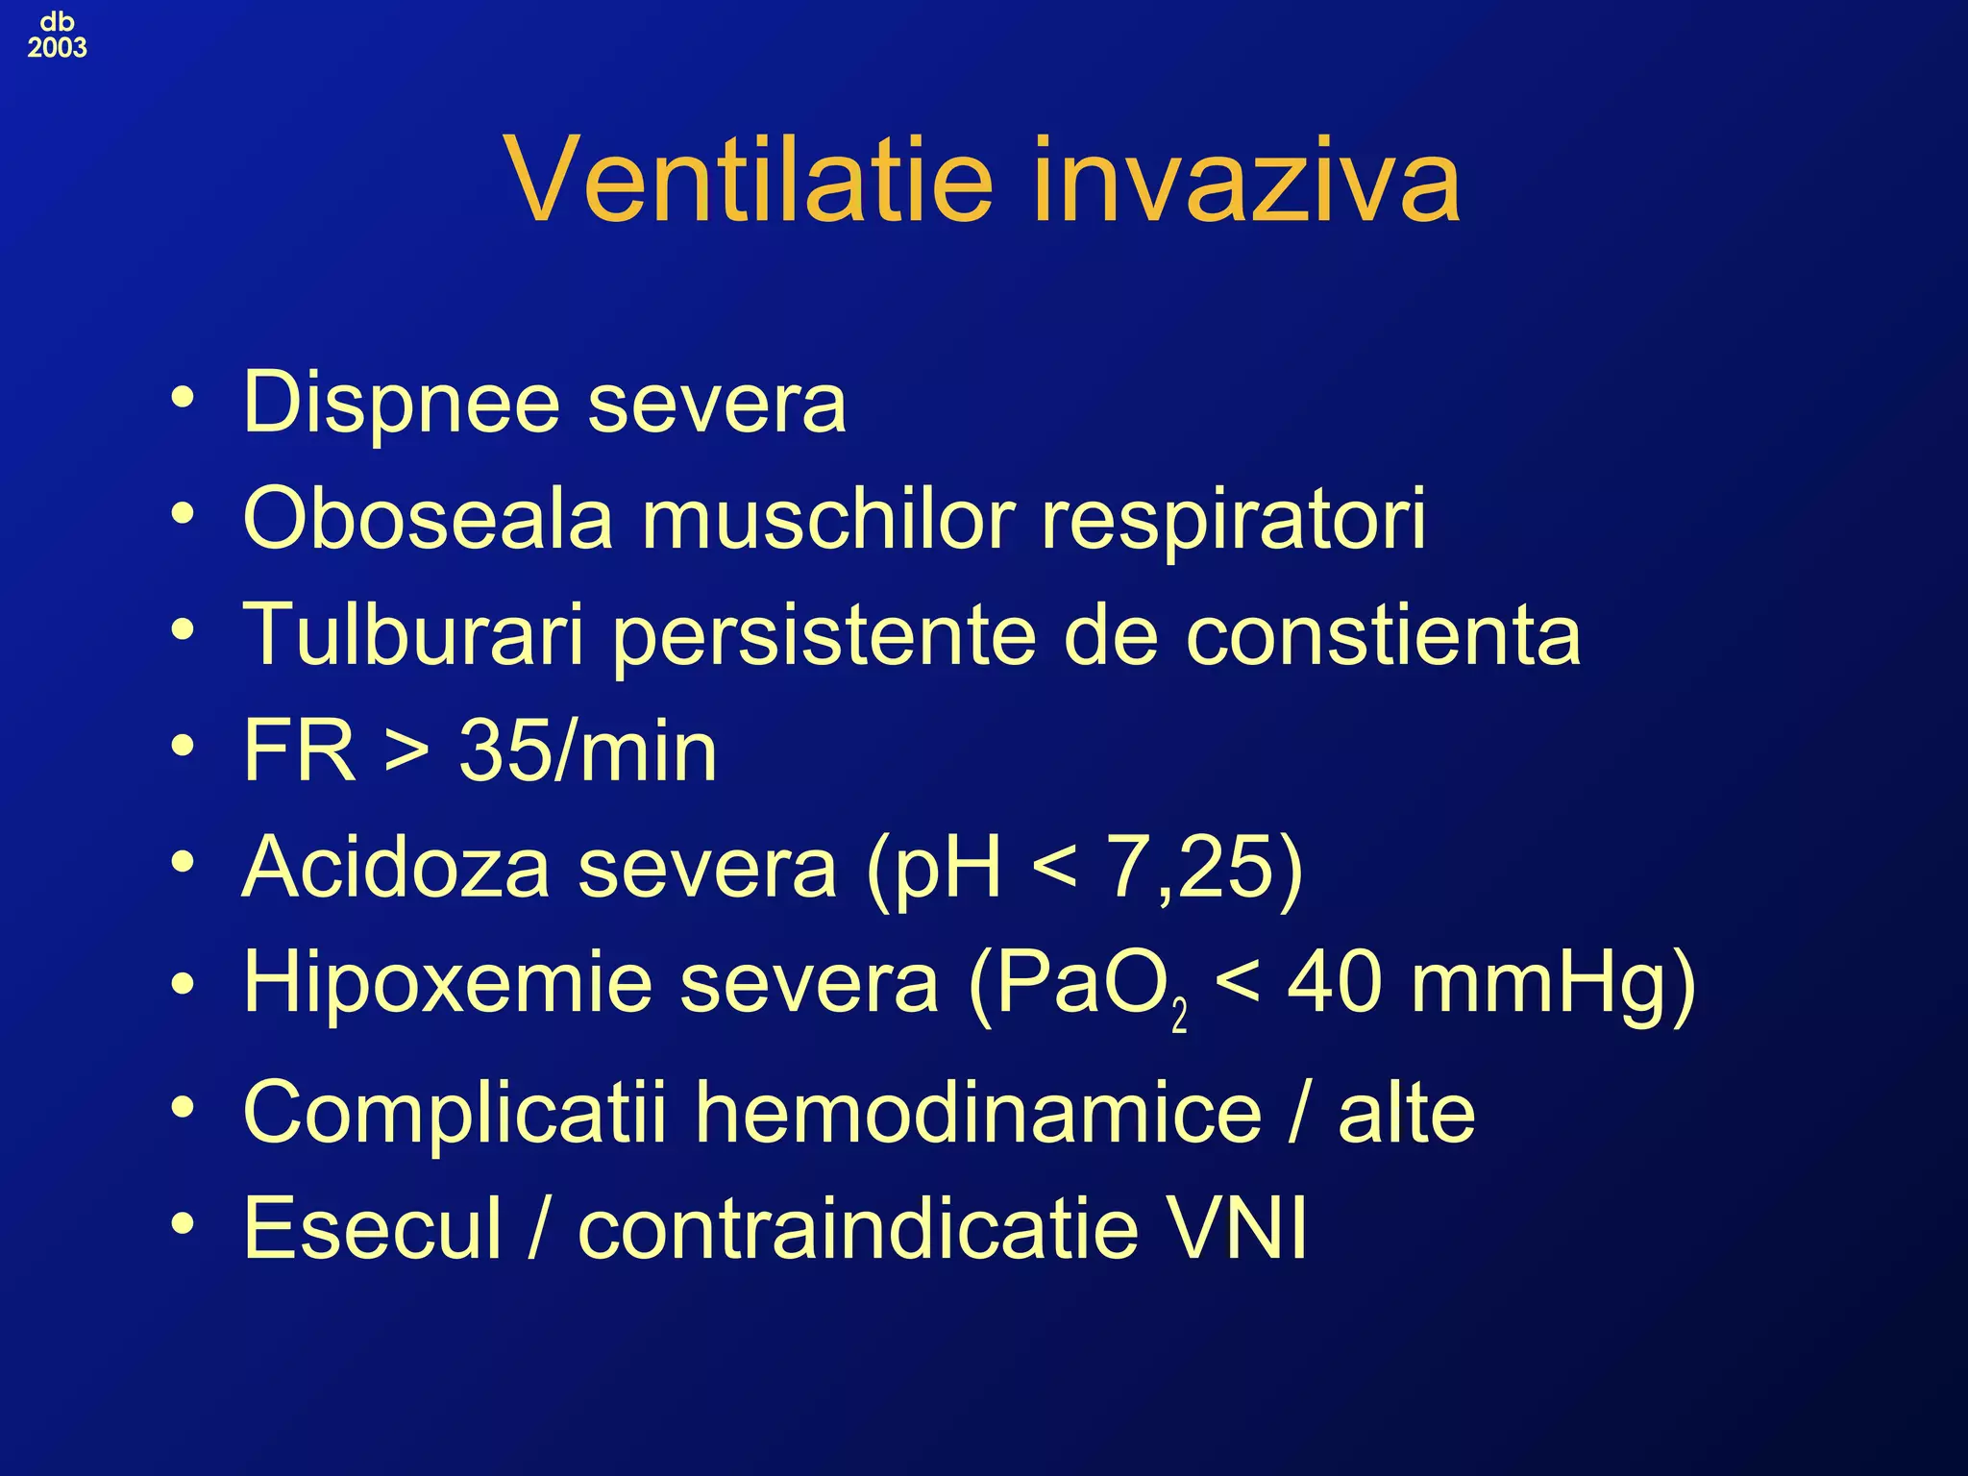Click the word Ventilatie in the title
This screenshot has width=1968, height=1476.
[x=749, y=181]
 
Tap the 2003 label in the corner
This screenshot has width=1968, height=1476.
[x=57, y=47]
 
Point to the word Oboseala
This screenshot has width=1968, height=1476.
[x=428, y=519]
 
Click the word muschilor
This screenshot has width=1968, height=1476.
[x=827, y=519]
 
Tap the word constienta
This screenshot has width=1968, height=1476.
[x=1383, y=635]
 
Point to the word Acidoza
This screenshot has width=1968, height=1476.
[x=396, y=867]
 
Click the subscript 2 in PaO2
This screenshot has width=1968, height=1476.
[x=1179, y=1016]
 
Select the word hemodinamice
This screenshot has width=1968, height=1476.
[x=977, y=1113]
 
